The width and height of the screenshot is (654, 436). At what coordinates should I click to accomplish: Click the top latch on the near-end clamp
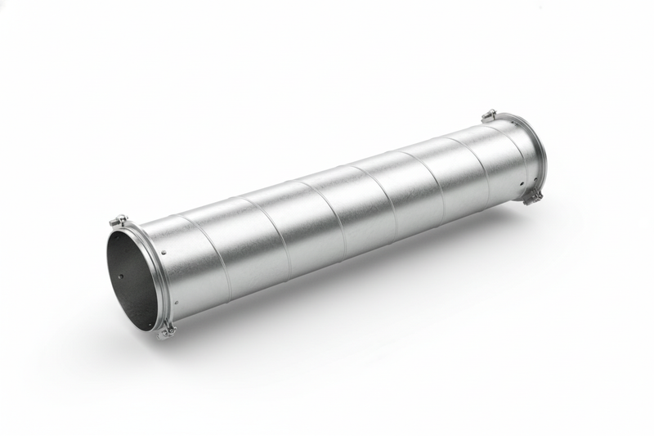coord(119,220)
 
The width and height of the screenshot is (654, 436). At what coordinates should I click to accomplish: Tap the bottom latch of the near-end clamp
coord(167,330)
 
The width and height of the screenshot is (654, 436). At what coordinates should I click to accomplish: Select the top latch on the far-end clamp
coord(489,115)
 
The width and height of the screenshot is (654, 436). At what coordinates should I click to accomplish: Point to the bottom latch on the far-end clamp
coord(533,196)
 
